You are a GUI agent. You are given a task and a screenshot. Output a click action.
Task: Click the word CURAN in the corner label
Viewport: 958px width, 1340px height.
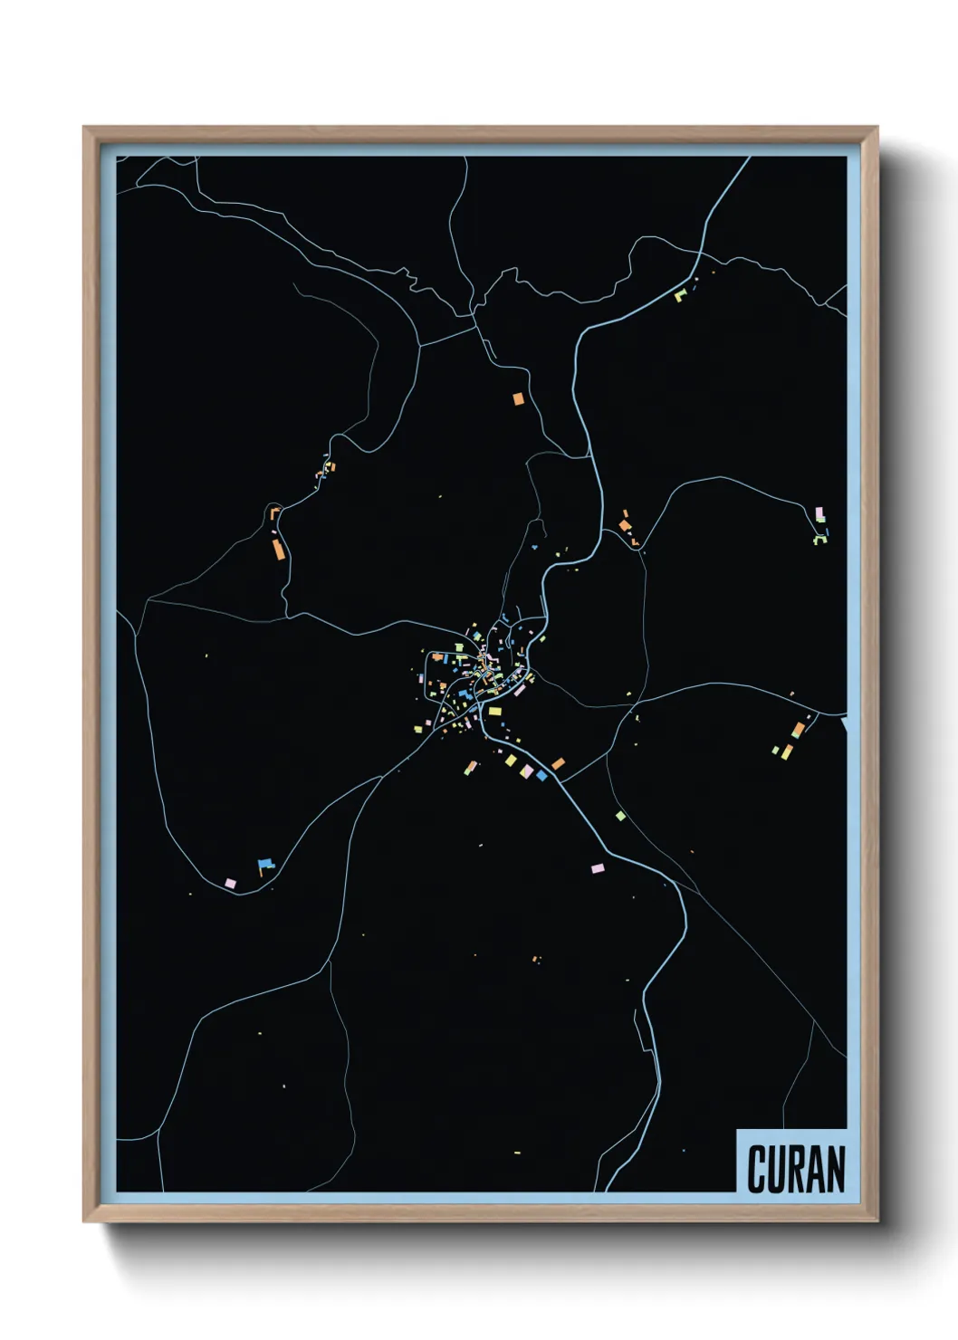click(x=796, y=1169)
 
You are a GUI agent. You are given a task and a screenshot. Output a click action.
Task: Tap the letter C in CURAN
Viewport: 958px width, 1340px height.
click(x=757, y=1169)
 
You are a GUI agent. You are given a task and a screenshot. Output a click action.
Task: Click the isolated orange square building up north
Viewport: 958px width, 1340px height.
click(x=518, y=397)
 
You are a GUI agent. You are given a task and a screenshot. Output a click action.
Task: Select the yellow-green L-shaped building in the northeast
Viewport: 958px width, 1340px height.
click(x=680, y=294)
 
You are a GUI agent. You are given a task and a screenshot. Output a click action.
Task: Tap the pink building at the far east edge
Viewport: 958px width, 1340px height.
click(x=819, y=513)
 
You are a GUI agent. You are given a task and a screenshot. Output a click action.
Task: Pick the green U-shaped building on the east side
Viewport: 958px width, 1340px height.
click(x=819, y=540)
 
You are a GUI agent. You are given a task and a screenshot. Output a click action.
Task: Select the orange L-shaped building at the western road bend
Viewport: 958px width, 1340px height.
click(x=274, y=513)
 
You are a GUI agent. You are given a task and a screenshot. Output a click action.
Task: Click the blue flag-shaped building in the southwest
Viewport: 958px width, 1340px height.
click(x=264, y=866)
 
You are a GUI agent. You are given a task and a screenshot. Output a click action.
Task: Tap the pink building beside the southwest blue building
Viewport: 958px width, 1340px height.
click(x=230, y=883)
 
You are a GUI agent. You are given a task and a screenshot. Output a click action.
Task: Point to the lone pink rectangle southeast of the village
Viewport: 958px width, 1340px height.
click(x=597, y=868)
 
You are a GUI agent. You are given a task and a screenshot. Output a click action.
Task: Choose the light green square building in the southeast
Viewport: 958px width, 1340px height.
click(x=620, y=816)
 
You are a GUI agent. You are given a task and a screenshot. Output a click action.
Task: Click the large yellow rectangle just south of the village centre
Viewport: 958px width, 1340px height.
click(x=494, y=712)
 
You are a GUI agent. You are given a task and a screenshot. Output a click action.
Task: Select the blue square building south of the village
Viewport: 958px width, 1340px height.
click(x=541, y=775)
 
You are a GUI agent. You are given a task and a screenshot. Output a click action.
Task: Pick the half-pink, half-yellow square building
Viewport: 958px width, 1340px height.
click(x=527, y=770)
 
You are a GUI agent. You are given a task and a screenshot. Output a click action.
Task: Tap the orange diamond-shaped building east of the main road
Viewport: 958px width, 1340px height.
click(x=559, y=764)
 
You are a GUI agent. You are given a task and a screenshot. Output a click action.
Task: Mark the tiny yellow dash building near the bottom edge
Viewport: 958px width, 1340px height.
click(x=517, y=1153)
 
